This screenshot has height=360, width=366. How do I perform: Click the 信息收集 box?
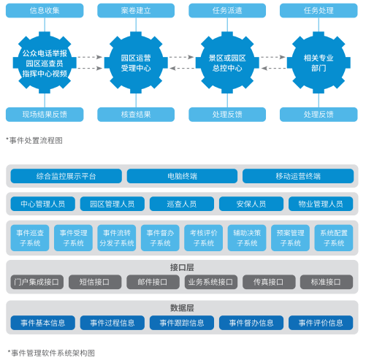pyautogui.click(x=45, y=10)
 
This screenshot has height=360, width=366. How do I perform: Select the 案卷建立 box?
pyautogui.click(x=136, y=10)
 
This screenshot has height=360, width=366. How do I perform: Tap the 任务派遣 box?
pyautogui.click(x=227, y=10)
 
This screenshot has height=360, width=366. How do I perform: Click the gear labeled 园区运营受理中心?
pyautogui.click(x=136, y=63)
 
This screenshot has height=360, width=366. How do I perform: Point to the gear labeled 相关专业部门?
pyautogui.click(x=319, y=63)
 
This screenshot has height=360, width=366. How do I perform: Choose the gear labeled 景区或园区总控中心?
pyautogui.click(x=227, y=63)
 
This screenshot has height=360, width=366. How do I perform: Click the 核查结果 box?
pyautogui.click(x=136, y=115)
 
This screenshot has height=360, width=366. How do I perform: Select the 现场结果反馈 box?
pyautogui.click(x=45, y=115)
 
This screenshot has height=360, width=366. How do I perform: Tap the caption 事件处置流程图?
pyautogui.click(x=34, y=140)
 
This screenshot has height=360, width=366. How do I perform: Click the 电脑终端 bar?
pyautogui.click(x=182, y=176)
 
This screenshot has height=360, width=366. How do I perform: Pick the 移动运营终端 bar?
pyautogui.click(x=298, y=176)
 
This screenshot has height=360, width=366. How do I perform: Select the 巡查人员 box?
pyautogui.click(x=182, y=204)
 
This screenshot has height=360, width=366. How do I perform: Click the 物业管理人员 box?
pyautogui.click(x=321, y=204)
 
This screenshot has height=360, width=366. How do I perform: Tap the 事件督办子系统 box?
pyautogui.click(x=160, y=238)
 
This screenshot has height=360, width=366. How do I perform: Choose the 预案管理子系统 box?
pyautogui.click(x=290, y=238)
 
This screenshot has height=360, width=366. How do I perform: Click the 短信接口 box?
pyautogui.click(x=95, y=282)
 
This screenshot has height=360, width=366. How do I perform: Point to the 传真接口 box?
pyautogui.click(x=269, y=282)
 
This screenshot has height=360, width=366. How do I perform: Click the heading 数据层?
pyautogui.click(x=182, y=308)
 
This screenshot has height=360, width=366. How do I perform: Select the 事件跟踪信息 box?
pyautogui.click(x=182, y=323)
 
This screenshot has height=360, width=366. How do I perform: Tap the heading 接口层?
pyautogui.click(x=182, y=267)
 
